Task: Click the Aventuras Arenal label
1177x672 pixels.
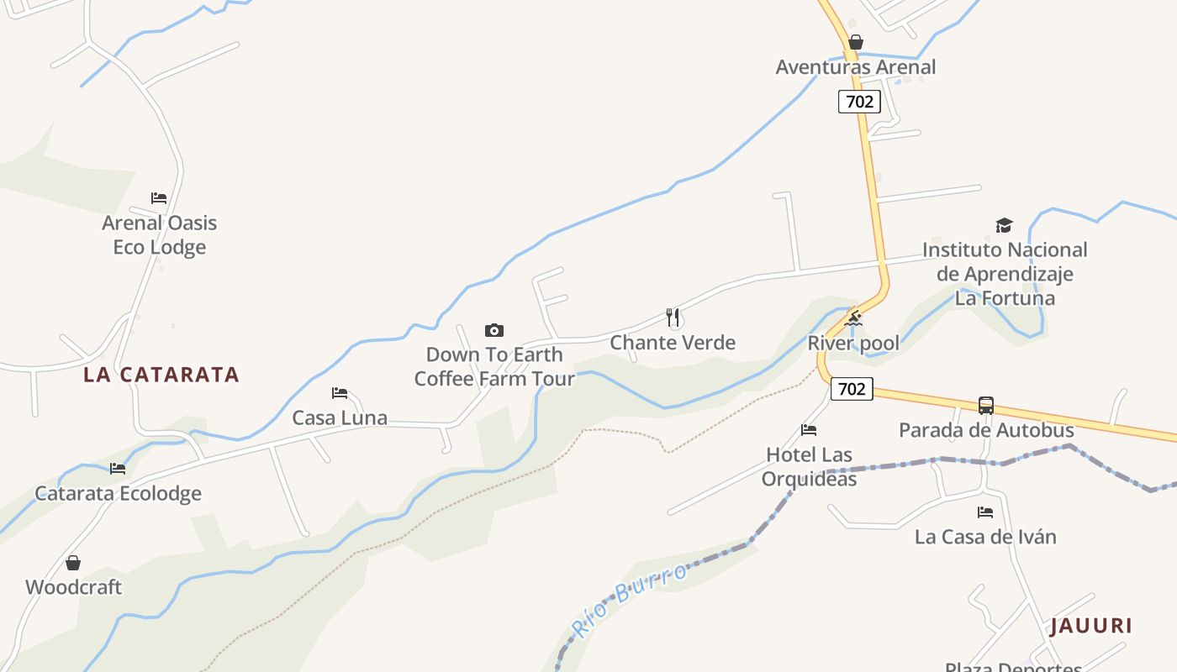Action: coord(855,67)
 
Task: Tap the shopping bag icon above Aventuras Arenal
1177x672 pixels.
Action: coord(856,42)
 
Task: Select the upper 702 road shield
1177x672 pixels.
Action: coord(858,102)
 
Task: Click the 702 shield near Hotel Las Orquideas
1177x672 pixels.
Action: coord(852,389)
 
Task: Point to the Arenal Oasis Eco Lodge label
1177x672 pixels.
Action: coord(160,235)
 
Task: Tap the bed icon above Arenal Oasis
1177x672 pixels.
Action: coord(159,198)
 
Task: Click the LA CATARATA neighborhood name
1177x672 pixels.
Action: coord(161,375)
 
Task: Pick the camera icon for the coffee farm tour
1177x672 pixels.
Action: coord(494,330)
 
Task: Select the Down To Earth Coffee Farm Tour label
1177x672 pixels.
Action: coord(494,367)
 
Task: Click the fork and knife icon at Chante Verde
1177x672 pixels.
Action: coord(673,318)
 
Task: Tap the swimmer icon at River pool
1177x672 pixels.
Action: coord(854,318)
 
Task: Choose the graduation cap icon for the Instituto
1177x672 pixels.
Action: coord(1004,225)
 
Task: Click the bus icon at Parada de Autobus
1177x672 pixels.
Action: coord(986,406)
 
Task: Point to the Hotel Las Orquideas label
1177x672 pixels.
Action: coord(809,467)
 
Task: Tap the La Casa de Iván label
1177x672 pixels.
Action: coord(985,537)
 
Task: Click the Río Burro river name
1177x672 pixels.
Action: coord(629,600)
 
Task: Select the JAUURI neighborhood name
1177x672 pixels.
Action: coord(1091,626)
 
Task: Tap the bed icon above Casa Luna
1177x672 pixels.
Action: coord(340,392)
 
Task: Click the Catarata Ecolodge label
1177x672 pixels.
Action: coord(118,493)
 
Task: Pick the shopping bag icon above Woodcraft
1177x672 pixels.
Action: coord(73,563)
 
